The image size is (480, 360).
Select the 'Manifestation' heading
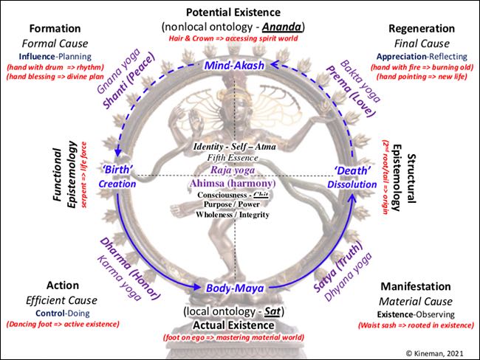point(416,285)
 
